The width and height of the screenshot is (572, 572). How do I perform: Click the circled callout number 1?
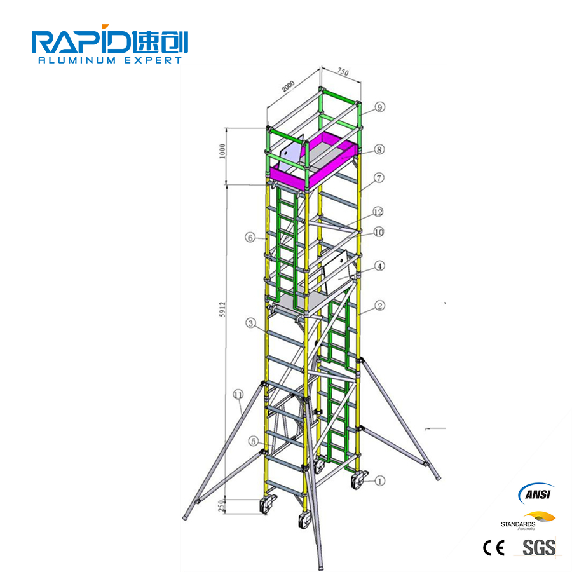click(x=380, y=482)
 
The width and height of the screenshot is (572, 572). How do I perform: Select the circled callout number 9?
click(x=380, y=107)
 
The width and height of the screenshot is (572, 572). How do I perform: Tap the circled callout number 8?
click(x=379, y=150)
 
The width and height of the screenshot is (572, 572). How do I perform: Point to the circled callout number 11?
click(x=238, y=395)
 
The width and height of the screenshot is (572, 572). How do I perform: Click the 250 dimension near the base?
click(x=221, y=506)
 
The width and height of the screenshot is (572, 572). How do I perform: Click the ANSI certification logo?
click(x=536, y=494)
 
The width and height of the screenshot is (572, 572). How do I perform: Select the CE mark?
click(x=494, y=547)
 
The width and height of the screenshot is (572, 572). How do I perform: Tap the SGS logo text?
click(x=538, y=547)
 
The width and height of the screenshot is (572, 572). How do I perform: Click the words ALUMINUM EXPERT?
click(x=110, y=60)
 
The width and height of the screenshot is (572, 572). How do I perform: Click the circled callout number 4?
click(x=379, y=266)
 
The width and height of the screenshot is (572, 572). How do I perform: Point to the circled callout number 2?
click(x=379, y=306)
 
